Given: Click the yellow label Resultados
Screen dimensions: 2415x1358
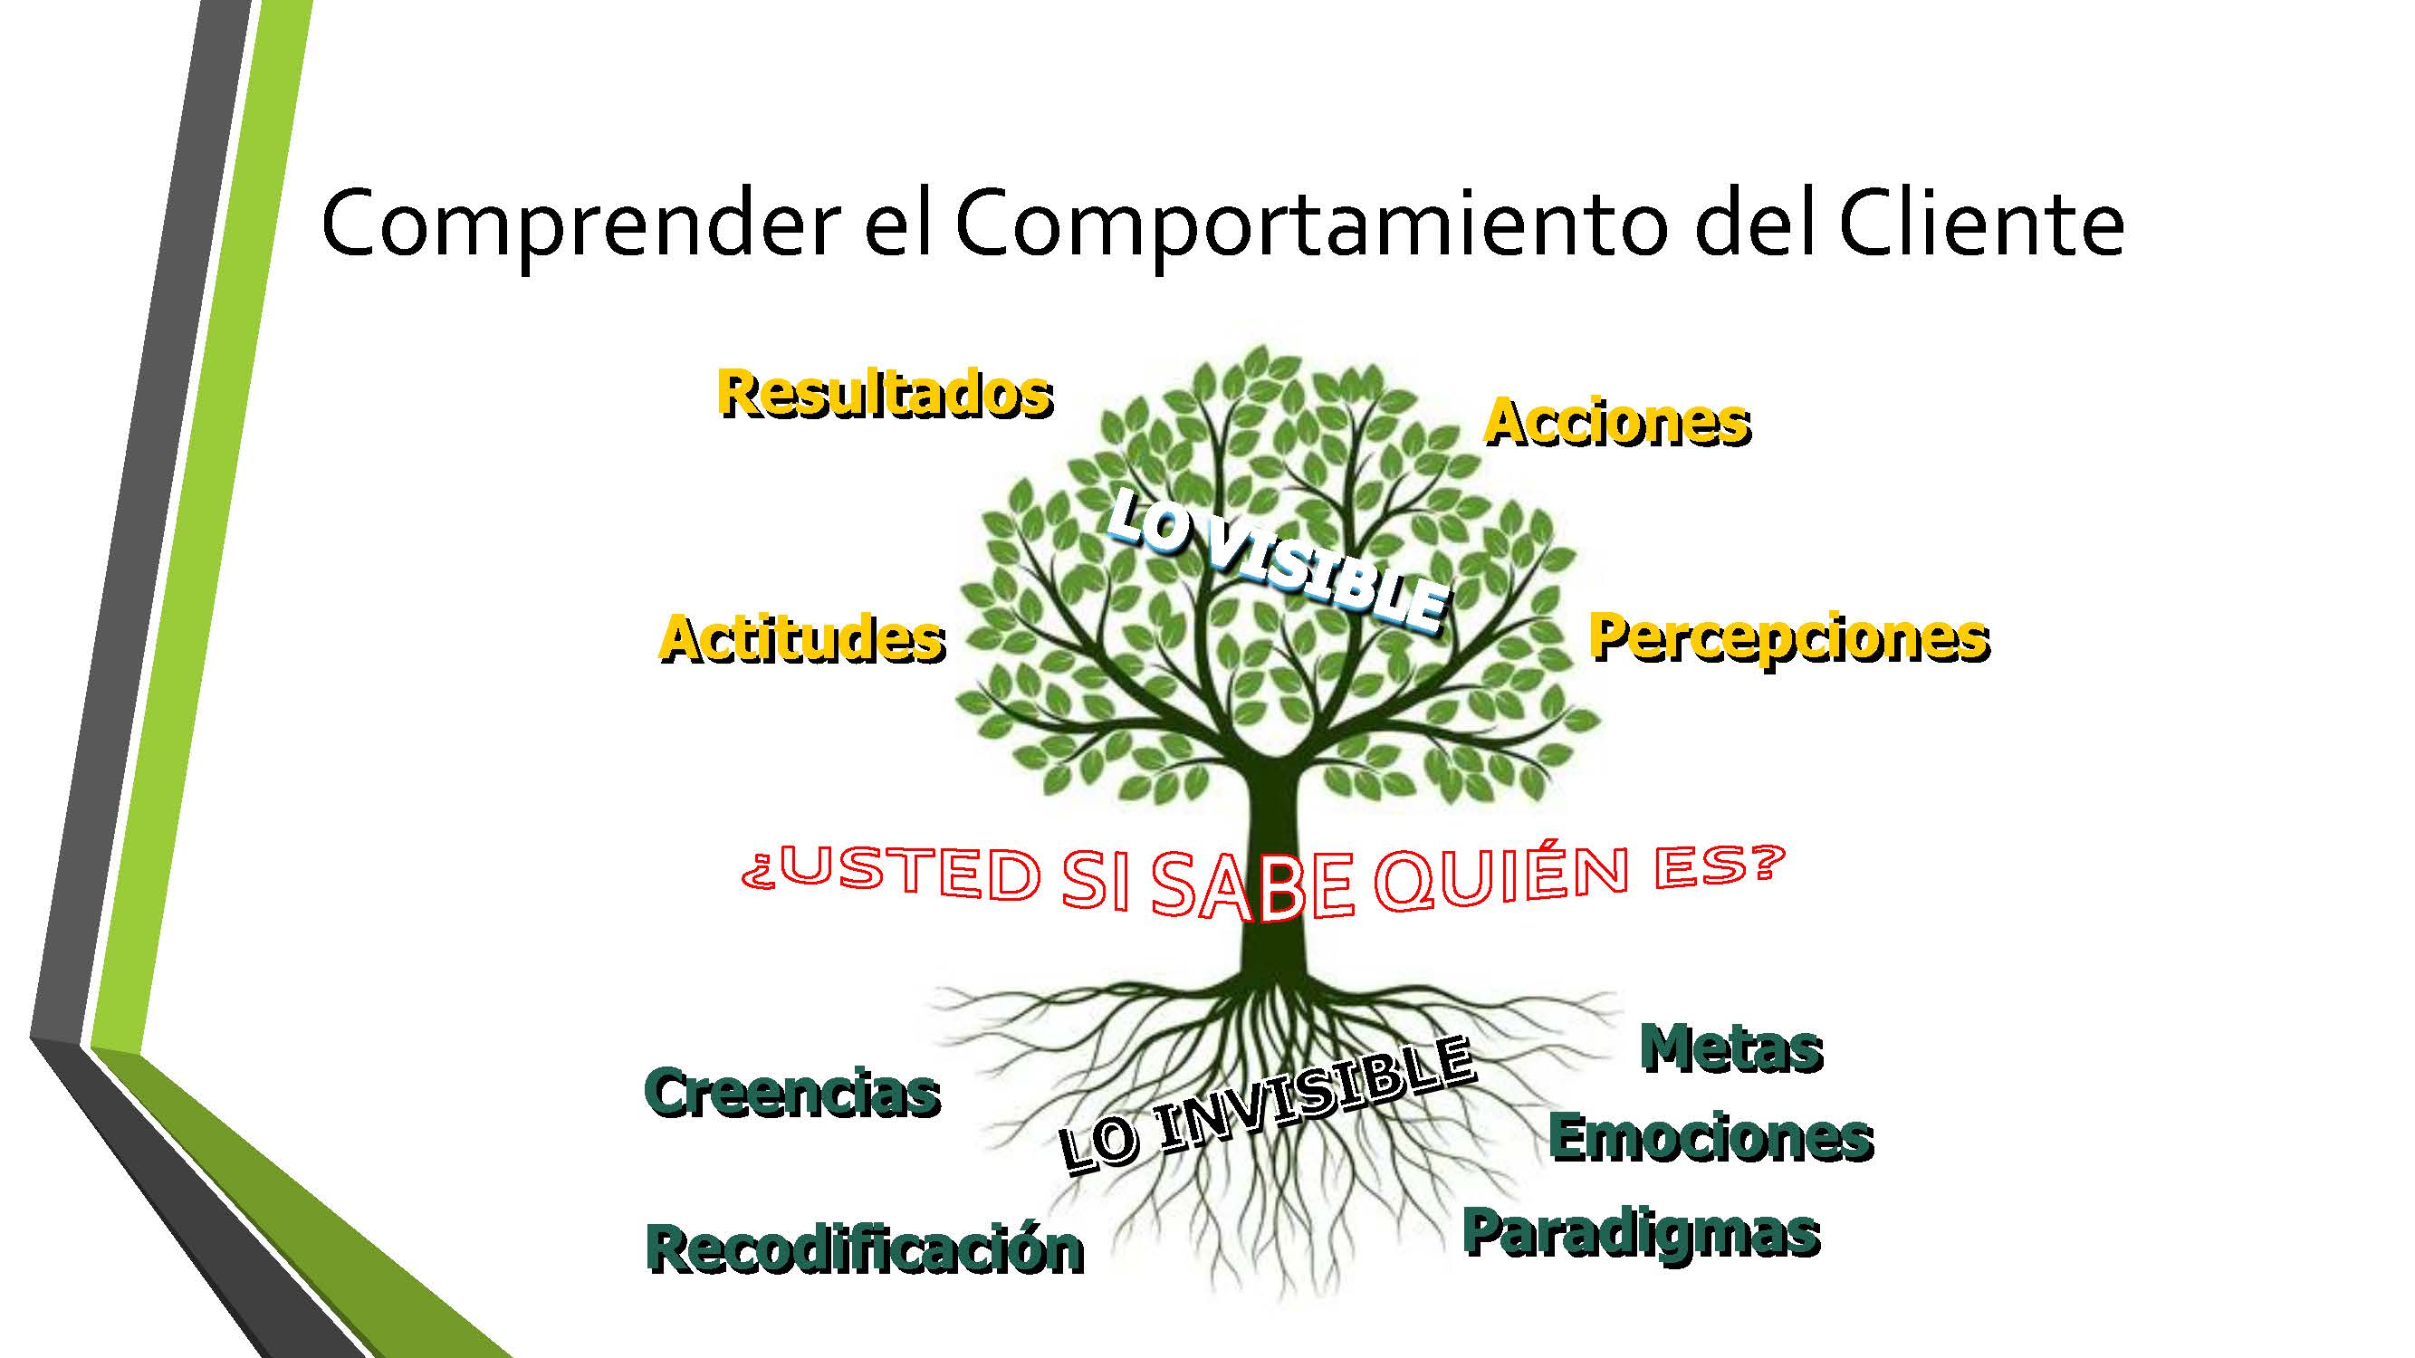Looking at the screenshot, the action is coord(885,394).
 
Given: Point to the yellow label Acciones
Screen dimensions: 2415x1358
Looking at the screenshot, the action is coord(1617,421).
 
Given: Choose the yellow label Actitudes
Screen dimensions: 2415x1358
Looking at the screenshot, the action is coord(802,639).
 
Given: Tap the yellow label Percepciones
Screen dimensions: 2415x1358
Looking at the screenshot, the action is coord(1788,640).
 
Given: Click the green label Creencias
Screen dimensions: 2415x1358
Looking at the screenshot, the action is coord(792,1093).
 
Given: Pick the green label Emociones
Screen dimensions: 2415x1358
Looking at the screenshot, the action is coord(1711,1138).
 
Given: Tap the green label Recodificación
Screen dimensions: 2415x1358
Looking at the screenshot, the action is coord(865,1249).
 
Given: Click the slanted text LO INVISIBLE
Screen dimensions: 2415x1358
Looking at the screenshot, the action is coord(1266,1106).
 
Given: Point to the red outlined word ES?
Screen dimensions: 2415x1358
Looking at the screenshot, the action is coord(1716,867).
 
